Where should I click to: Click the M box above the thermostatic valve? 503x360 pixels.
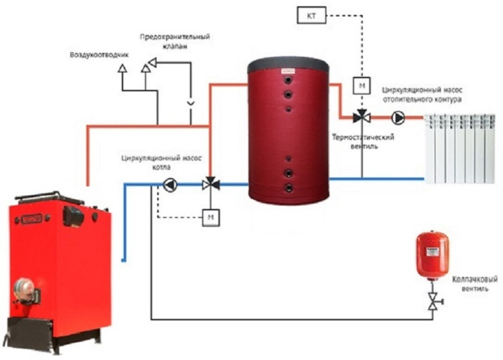(x=362, y=84)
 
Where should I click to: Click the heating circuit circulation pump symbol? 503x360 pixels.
(x=399, y=117)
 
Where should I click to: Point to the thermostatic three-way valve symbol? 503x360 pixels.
(x=362, y=117)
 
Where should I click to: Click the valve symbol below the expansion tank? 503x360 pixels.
(x=434, y=301)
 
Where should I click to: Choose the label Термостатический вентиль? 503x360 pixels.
(x=363, y=142)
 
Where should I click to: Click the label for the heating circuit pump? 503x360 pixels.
(x=422, y=95)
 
